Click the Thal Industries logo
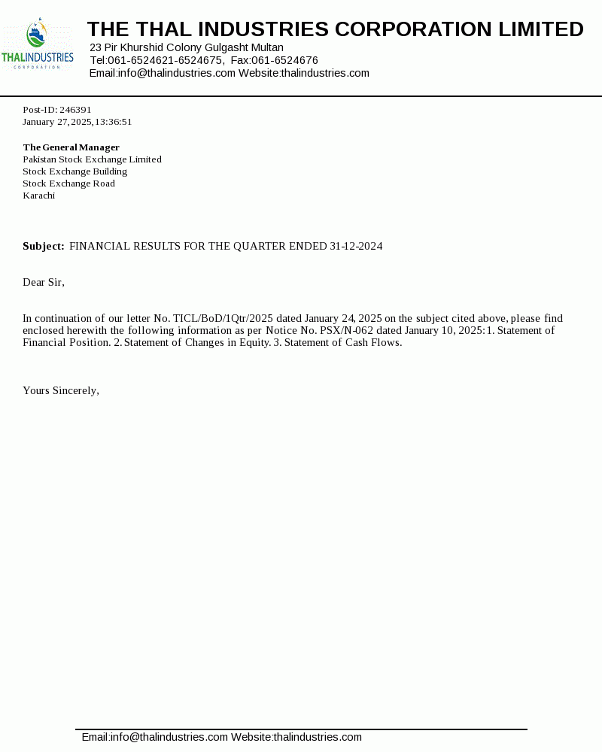(38, 46)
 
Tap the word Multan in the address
(266, 47)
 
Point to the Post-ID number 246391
(75, 110)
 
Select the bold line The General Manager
(71, 147)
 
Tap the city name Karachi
(38, 196)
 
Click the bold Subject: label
(43, 247)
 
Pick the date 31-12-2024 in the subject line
(356, 247)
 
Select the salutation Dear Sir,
(44, 283)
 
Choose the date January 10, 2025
(430, 331)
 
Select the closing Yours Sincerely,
(61, 391)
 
